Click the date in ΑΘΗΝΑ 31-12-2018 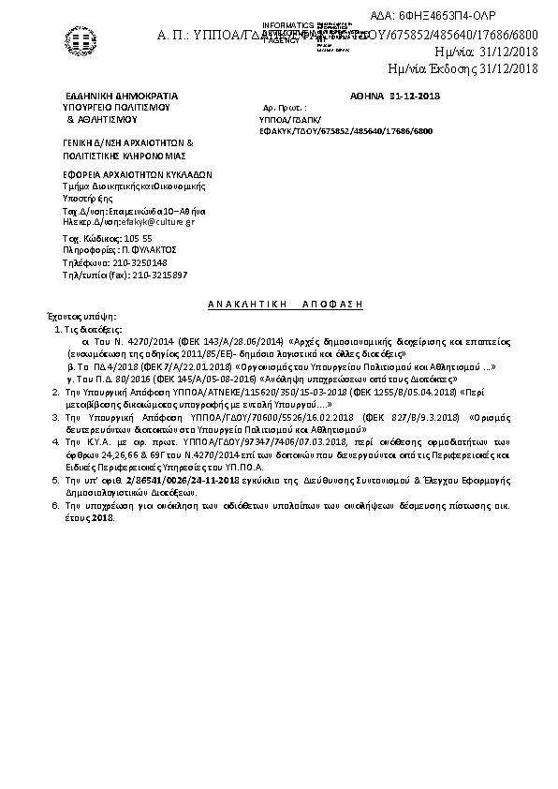415,96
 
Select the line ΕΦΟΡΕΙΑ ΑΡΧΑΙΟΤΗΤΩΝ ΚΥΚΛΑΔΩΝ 139,174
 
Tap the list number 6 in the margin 55,504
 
